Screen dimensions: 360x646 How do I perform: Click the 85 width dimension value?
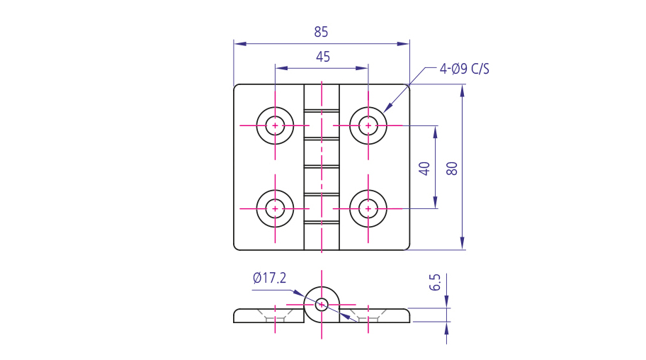coord(321,32)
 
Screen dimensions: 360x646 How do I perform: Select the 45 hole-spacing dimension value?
coord(322,57)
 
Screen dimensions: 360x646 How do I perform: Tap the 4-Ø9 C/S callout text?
coord(464,69)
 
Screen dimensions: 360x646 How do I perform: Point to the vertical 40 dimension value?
coord(424,168)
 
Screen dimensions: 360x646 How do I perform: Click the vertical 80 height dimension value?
coord(453,168)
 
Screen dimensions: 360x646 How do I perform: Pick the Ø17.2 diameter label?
coord(269,278)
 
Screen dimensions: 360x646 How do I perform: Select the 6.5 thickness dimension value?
coord(436,282)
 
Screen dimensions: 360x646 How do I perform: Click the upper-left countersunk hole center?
coord(275,125)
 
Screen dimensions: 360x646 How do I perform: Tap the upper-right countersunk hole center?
coord(368,125)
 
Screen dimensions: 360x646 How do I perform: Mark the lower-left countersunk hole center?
coord(275,208)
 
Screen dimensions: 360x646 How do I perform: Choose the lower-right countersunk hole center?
coord(368,208)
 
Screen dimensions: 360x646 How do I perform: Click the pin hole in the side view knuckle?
coord(322,304)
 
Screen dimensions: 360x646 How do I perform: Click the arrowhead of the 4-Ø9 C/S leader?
coord(387,108)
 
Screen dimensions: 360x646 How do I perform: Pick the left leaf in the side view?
coord(266,315)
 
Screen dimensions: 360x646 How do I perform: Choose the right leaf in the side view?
coord(379,315)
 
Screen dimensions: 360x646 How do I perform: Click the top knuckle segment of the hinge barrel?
coord(322,96)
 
